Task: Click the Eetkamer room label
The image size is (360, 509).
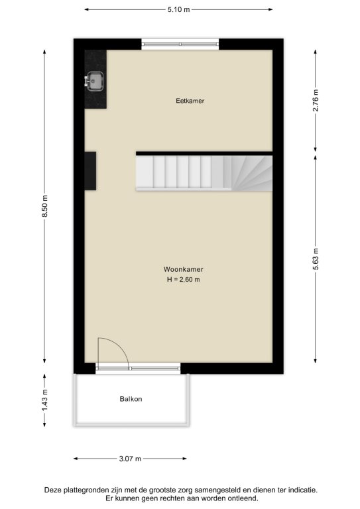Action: pyautogui.click(x=190, y=101)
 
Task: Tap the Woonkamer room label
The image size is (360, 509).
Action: pyautogui.click(x=184, y=269)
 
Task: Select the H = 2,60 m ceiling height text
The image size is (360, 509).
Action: pyautogui.click(x=184, y=280)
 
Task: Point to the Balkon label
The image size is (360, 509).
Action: pyautogui.click(x=131, y=399)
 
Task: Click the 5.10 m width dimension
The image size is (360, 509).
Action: pyautogui.click(x=178, y=9)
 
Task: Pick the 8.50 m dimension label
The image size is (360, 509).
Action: pyautogui.click(x=45, y=207)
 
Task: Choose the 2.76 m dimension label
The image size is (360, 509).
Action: pyautogui.click(x=316, y=100)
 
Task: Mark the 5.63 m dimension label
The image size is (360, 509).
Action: pyautogui.click(x=316, y=258)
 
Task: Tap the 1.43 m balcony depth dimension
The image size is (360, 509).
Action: pyautogui.click(x=45, y=400)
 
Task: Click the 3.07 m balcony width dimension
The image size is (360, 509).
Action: pyautogui.click(x=130, y=459)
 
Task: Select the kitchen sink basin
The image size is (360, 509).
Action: pyautogui.click(x=95, y=81)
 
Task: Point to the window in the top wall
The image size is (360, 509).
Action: pyautogui.click(x=180, y=44)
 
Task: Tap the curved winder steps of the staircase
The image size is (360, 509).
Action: pyautogui.click(x=252, y=173)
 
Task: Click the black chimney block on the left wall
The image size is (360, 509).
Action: pyautogui.click(x=90, y=171)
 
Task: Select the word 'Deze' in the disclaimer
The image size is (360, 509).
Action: pyautogui.click(x=52, y=490)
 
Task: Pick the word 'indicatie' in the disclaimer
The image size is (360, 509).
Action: pyautogui.click(x=302, y=490)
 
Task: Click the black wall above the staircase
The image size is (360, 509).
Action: pyautogui.click(x=204, y=153)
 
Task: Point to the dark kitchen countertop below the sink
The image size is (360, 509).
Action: pyautogui.click(x=95, y=99)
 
